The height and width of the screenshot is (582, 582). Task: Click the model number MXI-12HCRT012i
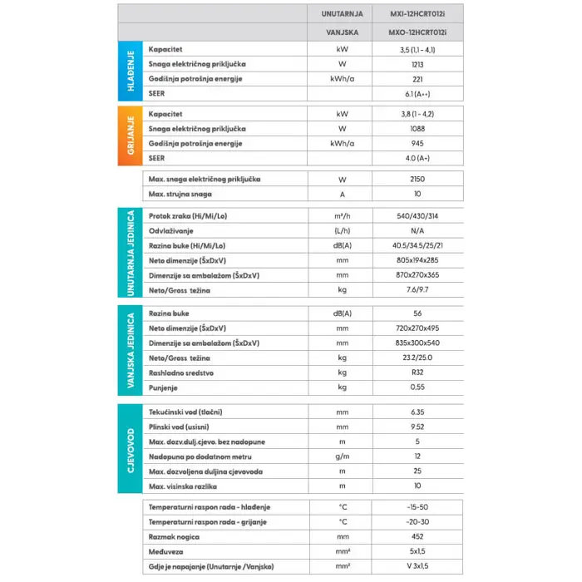tap(417, 14)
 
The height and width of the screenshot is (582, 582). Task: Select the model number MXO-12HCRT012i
tap(417, 33)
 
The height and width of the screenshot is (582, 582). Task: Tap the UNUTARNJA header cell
tap(342, 14)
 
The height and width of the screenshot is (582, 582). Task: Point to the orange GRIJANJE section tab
tap(129, 135)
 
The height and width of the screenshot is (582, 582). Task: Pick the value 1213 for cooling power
tap(417, 64)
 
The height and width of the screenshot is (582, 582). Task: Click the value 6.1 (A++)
tap(417, 94)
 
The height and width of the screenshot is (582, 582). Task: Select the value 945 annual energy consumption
tap(417, 143)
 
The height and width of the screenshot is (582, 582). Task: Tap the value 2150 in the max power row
tap(417, 180)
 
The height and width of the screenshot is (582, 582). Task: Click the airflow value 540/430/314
tap(417, 215)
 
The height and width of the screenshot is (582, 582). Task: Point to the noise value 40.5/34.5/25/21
tap(417, 246)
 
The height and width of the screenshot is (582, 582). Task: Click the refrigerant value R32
tap(417, 372)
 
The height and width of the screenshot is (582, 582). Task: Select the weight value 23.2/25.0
tap(417, 358)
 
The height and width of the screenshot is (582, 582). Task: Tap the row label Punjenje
tap(165, 387)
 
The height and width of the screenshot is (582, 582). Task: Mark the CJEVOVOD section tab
tap(129, 449)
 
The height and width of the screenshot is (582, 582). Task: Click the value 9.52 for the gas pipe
tap(417, 427)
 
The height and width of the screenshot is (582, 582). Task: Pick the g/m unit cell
tap(342, 456)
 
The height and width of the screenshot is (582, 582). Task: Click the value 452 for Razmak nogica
tap(417, 537)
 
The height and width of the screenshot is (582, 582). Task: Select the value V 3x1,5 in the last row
tap(417, 567)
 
